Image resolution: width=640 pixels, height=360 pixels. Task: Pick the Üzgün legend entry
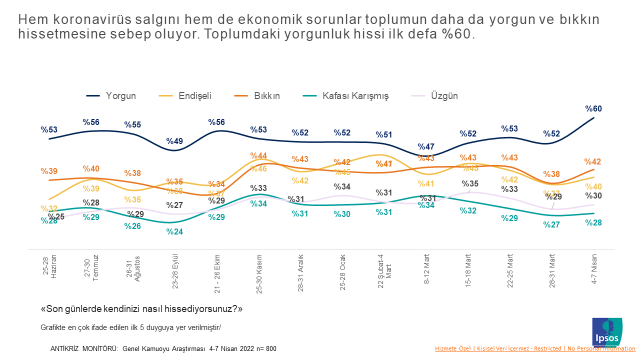point(443,95)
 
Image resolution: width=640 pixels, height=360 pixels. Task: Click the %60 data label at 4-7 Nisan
point(594,108)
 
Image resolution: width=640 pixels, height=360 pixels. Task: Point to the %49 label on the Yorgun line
point(175,142)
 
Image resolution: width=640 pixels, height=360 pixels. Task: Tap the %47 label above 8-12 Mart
point(426,147)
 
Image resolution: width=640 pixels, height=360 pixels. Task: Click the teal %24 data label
point(175,232)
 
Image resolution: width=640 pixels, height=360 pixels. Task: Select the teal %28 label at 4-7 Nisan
point(594,222)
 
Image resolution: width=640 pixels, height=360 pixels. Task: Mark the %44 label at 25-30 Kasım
point(258,156)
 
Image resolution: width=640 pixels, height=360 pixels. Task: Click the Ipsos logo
point(607,331)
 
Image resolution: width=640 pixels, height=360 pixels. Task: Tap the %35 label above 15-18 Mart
point(469,183)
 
